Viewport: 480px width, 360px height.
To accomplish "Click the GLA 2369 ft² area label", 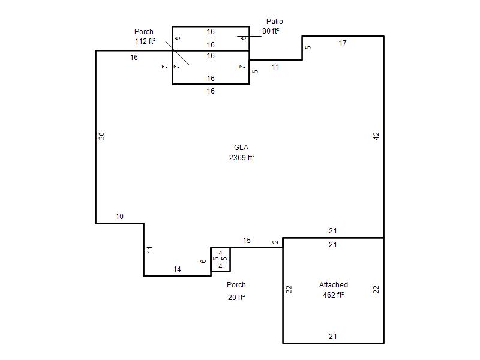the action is coord(242,152).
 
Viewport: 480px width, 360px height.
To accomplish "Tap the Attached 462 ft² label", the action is coord(334,290).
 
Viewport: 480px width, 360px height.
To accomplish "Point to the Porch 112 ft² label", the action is coord(145,36).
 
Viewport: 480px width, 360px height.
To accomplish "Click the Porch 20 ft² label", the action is coord(236,291).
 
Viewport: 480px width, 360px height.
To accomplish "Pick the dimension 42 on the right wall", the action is coord(376,136).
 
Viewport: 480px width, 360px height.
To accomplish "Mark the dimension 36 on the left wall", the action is coord(101,136).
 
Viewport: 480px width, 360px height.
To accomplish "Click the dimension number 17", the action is coord(343,43).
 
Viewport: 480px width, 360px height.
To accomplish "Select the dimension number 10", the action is coord(119,217).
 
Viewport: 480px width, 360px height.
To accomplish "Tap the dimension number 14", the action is coord(177,269).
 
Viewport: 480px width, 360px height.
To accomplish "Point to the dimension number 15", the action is coord(247,241).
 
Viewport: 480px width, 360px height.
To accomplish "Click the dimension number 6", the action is coord(203,261).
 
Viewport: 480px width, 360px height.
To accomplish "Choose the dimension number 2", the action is coord(275,242).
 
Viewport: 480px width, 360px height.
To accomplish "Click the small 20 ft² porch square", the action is coord(220,248).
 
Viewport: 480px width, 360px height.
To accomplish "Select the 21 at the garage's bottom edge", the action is coord(333,336).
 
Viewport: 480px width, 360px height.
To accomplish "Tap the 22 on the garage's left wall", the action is coord(289,290).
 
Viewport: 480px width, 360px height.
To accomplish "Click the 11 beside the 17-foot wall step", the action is coord(275,67).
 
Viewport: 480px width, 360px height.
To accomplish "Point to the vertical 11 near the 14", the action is coord(149,250).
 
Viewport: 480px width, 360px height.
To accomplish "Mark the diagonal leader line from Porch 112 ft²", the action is coord(178,53).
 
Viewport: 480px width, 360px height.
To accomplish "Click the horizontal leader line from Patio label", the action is coord(249,36).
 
